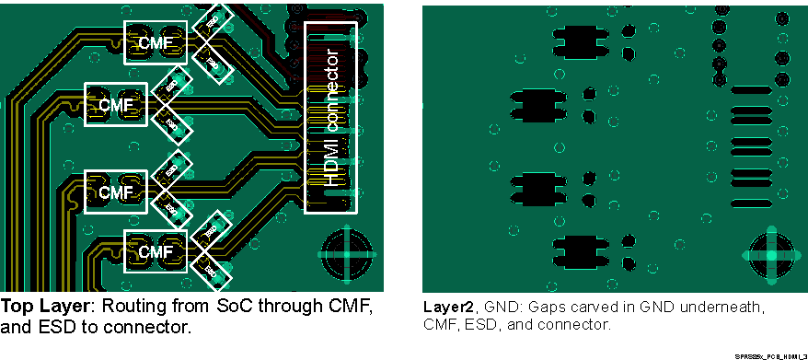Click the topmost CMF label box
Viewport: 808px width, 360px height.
[x=155, y=43]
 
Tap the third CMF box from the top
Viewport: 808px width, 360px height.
[x=116, y=192]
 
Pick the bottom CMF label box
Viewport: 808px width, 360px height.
[x=155, y=251]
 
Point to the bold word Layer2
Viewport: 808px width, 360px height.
[x=448, y=306]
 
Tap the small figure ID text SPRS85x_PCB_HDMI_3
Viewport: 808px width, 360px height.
[x=770, y=355]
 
